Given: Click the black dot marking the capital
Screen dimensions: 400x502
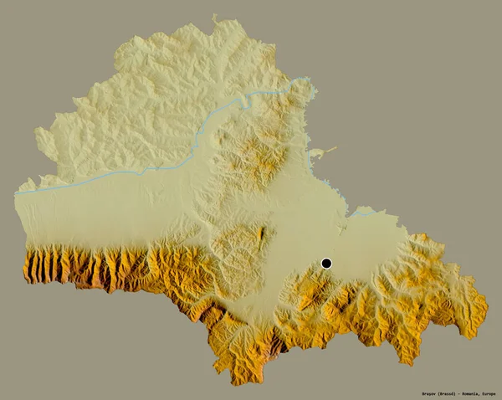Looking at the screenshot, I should click(x=326, y=264).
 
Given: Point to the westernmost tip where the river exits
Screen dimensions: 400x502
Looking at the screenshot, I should click(x=16, y=192).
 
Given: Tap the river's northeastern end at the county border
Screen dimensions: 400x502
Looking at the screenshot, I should click(x=311, y=81).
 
